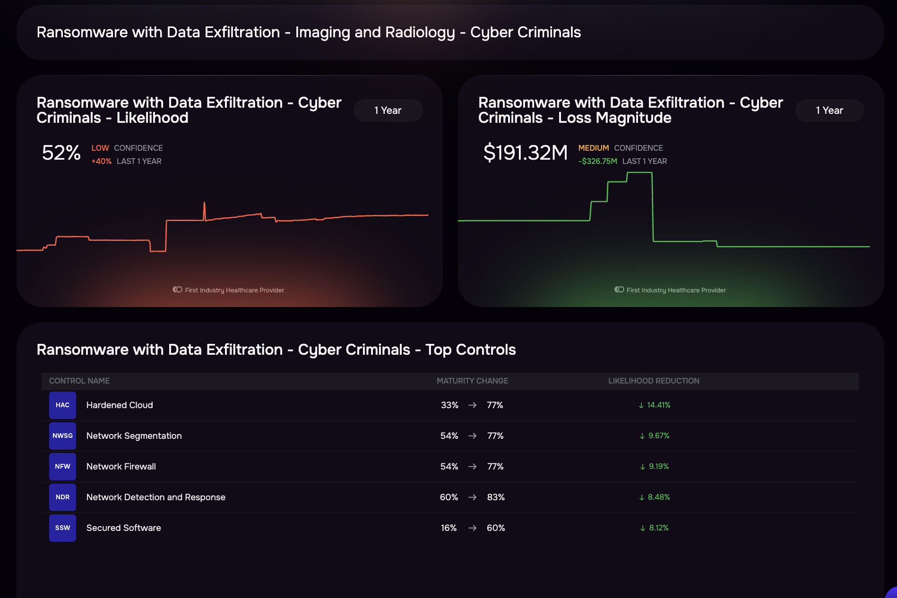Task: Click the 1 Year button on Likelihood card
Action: tap(388, 111)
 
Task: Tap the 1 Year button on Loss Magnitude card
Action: tap(829, 111)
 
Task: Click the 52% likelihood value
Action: tap(61, 153)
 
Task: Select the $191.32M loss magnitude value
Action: tap(525, 153)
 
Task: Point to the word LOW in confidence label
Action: tap(100, 148)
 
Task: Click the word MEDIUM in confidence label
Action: tap(593, 148)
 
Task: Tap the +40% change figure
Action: tap(101, 161)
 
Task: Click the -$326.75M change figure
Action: tap(597, 161)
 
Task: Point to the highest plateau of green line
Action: tap(639, 173)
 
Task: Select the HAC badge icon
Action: tap(62, 405)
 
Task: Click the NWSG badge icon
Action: tap(62, 436)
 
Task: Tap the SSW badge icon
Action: tap(62, 528)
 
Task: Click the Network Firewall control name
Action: tap(121, 467)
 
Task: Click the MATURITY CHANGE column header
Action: tap(472, 381)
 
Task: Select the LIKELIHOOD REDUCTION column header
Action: tap(654, 381)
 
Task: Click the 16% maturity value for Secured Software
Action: tap(448, 528)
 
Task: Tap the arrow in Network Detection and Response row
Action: tap(472, 497)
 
